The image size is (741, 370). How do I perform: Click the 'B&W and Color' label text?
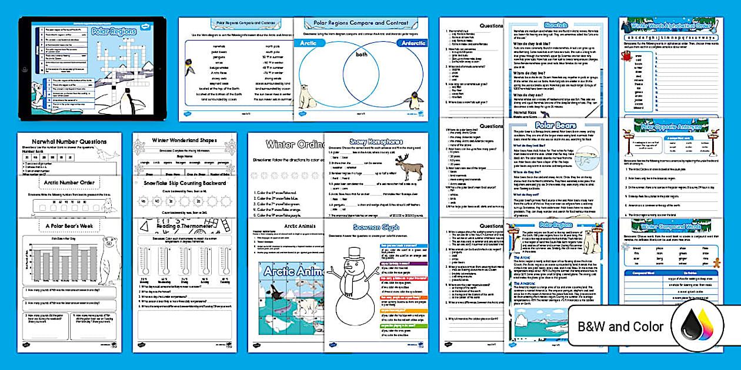(x=620, y=327)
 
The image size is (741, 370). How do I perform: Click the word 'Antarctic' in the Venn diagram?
(x=402, y=43)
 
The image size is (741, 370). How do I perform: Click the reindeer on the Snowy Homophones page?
(x=409, y=168)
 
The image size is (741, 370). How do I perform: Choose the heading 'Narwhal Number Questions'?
(x=69, y=142)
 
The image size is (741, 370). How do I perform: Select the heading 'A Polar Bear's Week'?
(x=69, y=225)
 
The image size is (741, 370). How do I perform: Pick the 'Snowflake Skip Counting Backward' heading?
(x=185, y=183)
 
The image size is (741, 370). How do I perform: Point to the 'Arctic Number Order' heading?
(x=69, y=183)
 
